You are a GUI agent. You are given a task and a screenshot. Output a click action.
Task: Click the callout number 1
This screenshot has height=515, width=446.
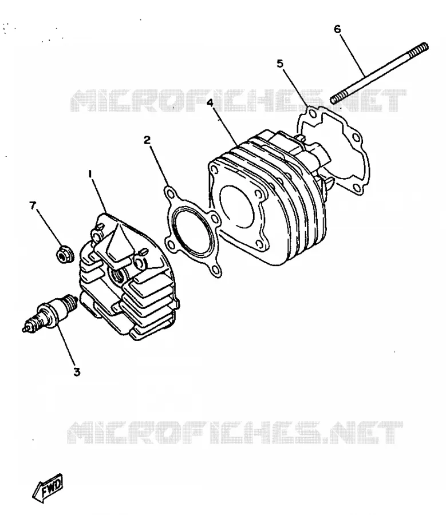point(90,175)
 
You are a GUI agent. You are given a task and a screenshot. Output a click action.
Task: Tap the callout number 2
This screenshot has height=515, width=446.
point(147,140)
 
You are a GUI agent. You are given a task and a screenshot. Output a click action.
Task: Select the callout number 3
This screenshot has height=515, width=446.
point(77,372)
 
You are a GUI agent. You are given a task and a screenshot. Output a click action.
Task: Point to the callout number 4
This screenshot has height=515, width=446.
point(210,102)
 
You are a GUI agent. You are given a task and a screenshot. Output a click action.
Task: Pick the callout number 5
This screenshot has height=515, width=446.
point(280,64)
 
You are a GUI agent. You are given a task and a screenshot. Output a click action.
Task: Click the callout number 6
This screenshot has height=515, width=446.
point(337,29)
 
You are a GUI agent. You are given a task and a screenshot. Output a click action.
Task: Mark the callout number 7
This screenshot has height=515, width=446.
point(33,205)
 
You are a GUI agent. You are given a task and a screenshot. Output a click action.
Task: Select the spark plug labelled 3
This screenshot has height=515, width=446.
point(50,312)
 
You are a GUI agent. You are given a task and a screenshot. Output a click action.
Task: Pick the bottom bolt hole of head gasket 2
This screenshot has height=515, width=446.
point(215,270)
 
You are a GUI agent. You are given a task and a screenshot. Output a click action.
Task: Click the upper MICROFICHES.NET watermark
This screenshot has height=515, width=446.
point(239,101)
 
